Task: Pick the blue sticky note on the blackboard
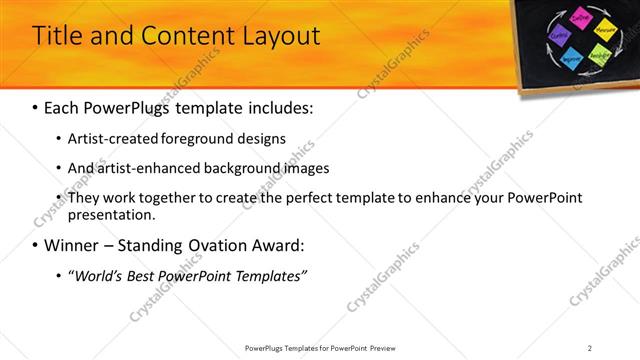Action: [573, 59]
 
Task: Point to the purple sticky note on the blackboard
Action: [560, 36]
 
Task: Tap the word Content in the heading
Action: [180, 37]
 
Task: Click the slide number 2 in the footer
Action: [590, 347]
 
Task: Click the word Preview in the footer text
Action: [388, 347]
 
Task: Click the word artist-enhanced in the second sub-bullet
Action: [145, 168]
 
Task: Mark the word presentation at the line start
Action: [111, 214]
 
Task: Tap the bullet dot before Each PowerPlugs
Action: [36, 106]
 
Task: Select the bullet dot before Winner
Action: [36, 245]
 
